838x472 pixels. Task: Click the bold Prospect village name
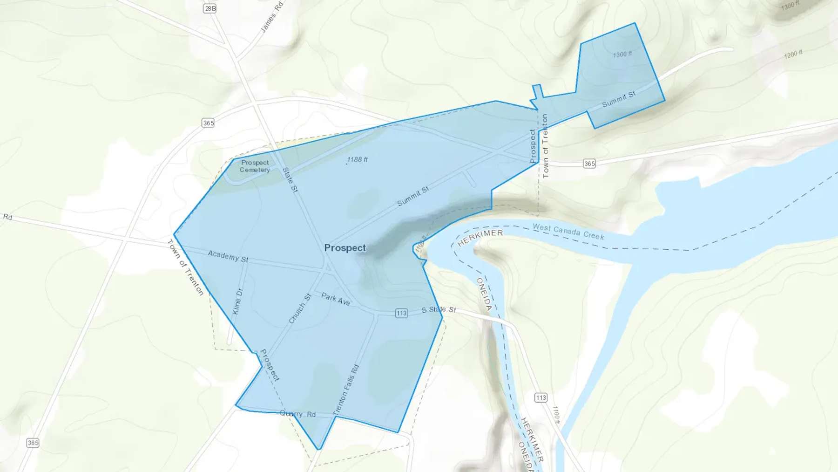click(x=345, y=248)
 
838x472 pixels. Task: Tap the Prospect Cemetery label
click(x=255, y=166)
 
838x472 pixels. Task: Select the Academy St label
click(x=228, y=256)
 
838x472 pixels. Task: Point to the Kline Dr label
click(x=237, y=301)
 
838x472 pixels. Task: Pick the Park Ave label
click(x=336, y=299)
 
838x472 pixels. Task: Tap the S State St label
click(x=439, y=309)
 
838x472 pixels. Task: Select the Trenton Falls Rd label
click(x=346, y=390)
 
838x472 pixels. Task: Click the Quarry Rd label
click(x=298, y=414)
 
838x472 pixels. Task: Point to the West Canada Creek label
click(x=568, y=232)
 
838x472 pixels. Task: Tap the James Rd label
click(x=272, y=18)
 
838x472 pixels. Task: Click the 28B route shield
click(x=210, y=8)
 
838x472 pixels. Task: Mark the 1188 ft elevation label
click(x=357, y=159)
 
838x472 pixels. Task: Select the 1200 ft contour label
click(x=793, y=55)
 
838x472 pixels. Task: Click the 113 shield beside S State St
click(x=401, y=313)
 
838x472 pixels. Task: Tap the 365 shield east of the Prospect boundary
click(x=589, y=164)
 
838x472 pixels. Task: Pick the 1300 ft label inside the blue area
click(x=622, y=55)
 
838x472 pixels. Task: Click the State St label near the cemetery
click(x=290, y=180)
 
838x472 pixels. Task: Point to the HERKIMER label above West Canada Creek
click(x=480, y=237)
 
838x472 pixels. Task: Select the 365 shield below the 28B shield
click(x=208, y=123)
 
